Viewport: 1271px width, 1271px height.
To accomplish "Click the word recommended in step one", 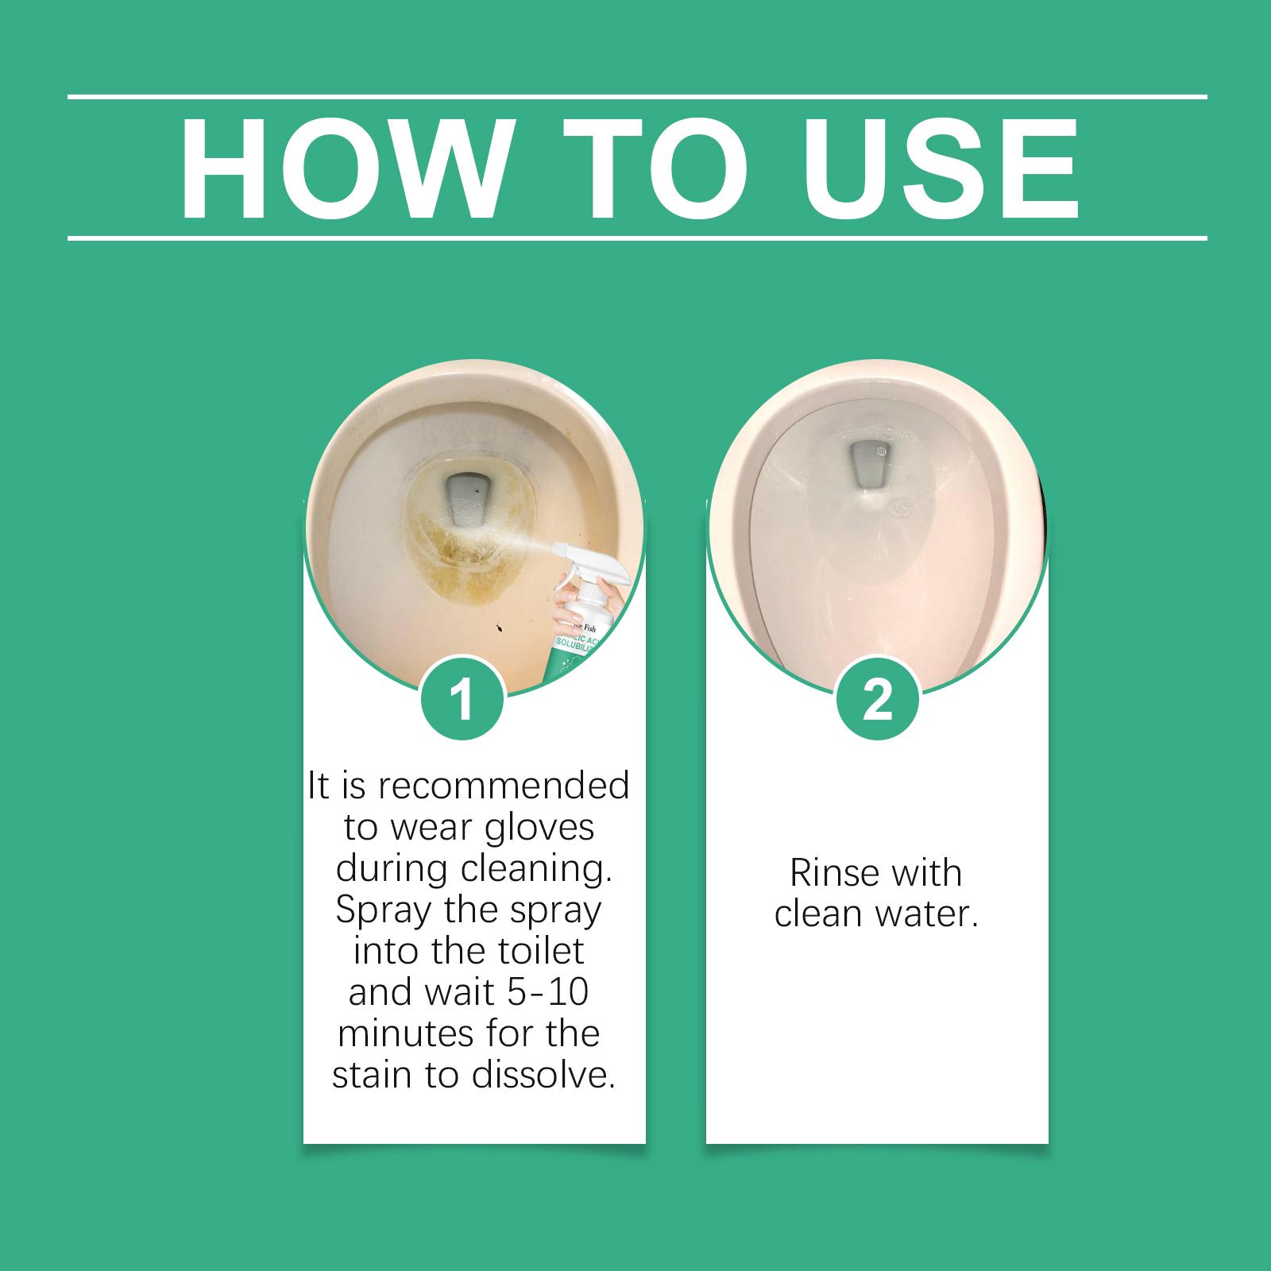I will pyautogui.click(x=504, y=786).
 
